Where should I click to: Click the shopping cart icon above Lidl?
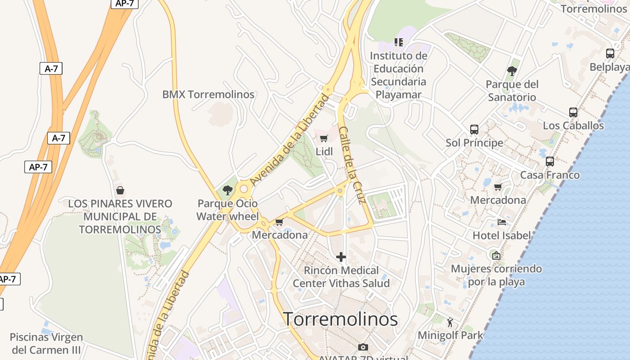[x=324, y=138]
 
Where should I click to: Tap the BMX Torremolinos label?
[x=208, y=94]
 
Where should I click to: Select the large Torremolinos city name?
[x=341, y=319]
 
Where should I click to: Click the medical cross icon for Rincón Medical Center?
[x=341, y=257]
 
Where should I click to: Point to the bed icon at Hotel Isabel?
[x=502, y=222]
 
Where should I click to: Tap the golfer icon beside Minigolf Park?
[x=450, y=322]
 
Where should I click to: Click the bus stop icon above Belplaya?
[x=610, y=54]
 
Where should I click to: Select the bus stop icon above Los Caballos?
[x=573, y=112]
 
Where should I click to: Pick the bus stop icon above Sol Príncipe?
[x=474, y=130]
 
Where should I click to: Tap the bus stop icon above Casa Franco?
[x=549, y=162]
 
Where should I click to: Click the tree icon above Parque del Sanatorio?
[x=512, y=71]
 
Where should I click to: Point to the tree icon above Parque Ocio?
[x=228, y=190]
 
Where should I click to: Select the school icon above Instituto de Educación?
[x=398, y=42]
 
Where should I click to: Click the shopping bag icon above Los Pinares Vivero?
[x=120, y=190]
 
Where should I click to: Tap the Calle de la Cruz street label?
[x=351, y=165]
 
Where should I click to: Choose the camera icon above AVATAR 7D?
[x=363, y=347]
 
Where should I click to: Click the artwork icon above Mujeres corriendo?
[x=496, y=256]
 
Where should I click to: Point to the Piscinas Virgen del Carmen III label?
[x=46, y=343]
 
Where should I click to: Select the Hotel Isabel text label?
[x=502, y=235]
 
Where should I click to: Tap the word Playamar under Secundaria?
[x=399, y=94]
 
